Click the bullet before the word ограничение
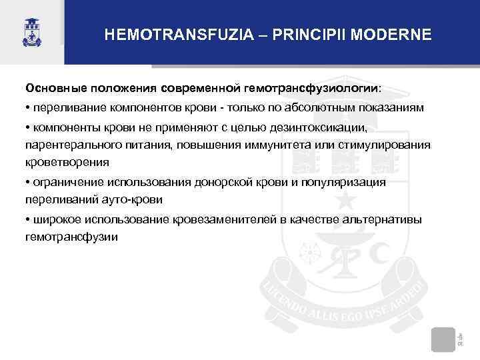click(28, 182)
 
